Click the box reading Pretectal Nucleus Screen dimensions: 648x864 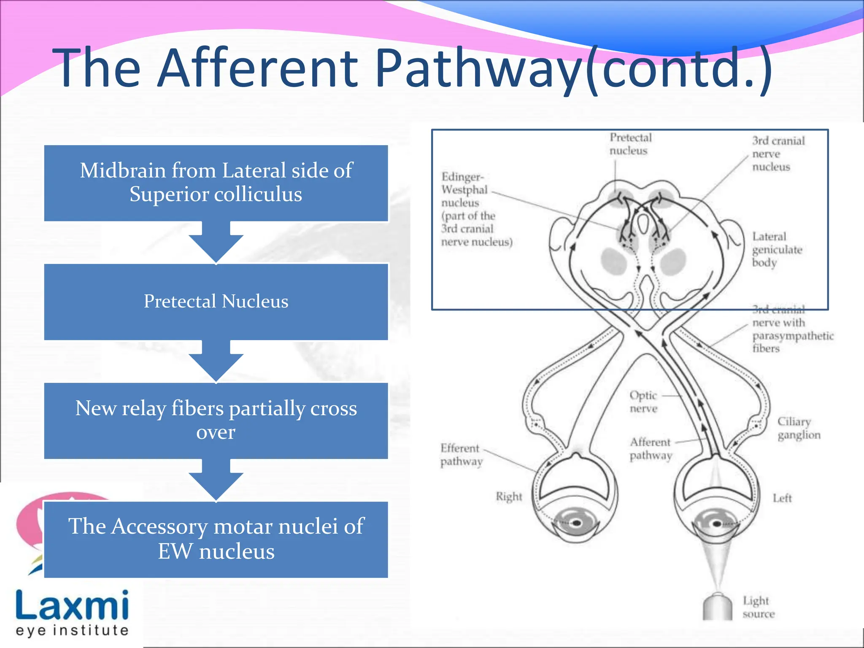216,302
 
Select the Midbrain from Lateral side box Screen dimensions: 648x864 216,183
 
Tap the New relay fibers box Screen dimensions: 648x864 216,420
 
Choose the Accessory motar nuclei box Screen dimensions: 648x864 216,539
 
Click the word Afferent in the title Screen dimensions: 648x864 258,68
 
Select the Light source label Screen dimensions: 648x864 758,607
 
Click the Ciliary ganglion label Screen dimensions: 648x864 799,428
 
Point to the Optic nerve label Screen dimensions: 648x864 643,402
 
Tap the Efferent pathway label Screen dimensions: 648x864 461,454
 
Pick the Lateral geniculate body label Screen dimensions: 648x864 776,249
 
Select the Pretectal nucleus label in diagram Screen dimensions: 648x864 630,144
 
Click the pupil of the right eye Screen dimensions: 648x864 577,524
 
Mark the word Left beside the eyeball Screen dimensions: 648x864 782,498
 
